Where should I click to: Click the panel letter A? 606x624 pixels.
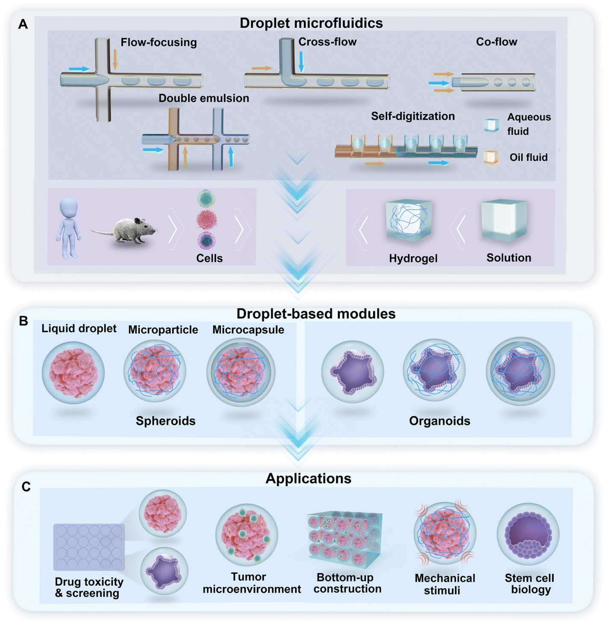(x=23, y=24)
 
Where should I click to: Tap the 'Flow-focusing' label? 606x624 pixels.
(x=159, y=42)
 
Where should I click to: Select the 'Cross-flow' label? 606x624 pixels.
(x=327, y=42)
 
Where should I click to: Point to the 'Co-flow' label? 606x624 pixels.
(x=497, y=42)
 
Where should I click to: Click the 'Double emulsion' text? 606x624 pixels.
(x=204, y=98)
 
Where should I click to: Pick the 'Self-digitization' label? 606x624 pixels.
(x=413, y=116)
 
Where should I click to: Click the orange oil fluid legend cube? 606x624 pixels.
(x=491, y=157)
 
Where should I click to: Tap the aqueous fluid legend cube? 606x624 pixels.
(x=491, y=125)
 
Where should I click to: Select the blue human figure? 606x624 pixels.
(x=68, y=227)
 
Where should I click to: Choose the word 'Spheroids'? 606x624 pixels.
(x=165, y=421)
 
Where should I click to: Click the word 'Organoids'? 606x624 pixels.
(x=440, y=421)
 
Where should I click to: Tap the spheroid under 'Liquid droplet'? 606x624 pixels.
(x=74, y=373)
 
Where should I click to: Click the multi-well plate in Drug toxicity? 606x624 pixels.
(x=89, y=547)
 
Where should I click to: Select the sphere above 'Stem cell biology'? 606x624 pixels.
(x=528, y=534)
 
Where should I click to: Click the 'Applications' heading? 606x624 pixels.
(x=308, y=479)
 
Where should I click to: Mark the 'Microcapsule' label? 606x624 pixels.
(x=248, y=330)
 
